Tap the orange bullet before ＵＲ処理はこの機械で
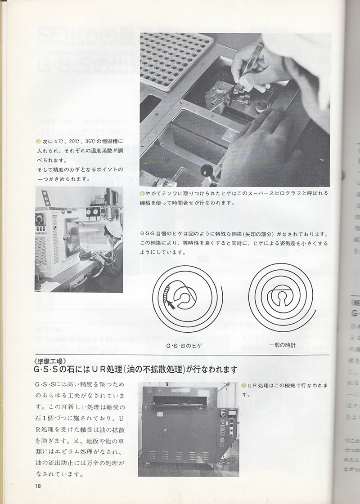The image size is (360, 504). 243,386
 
